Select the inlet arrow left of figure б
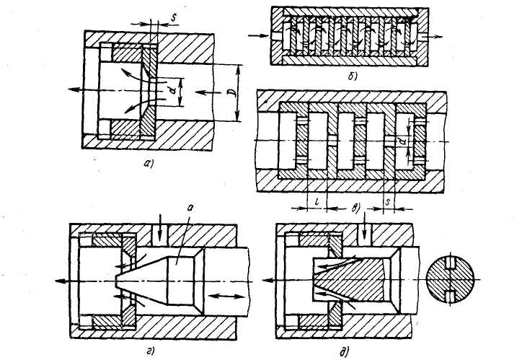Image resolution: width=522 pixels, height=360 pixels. (255, 34)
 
